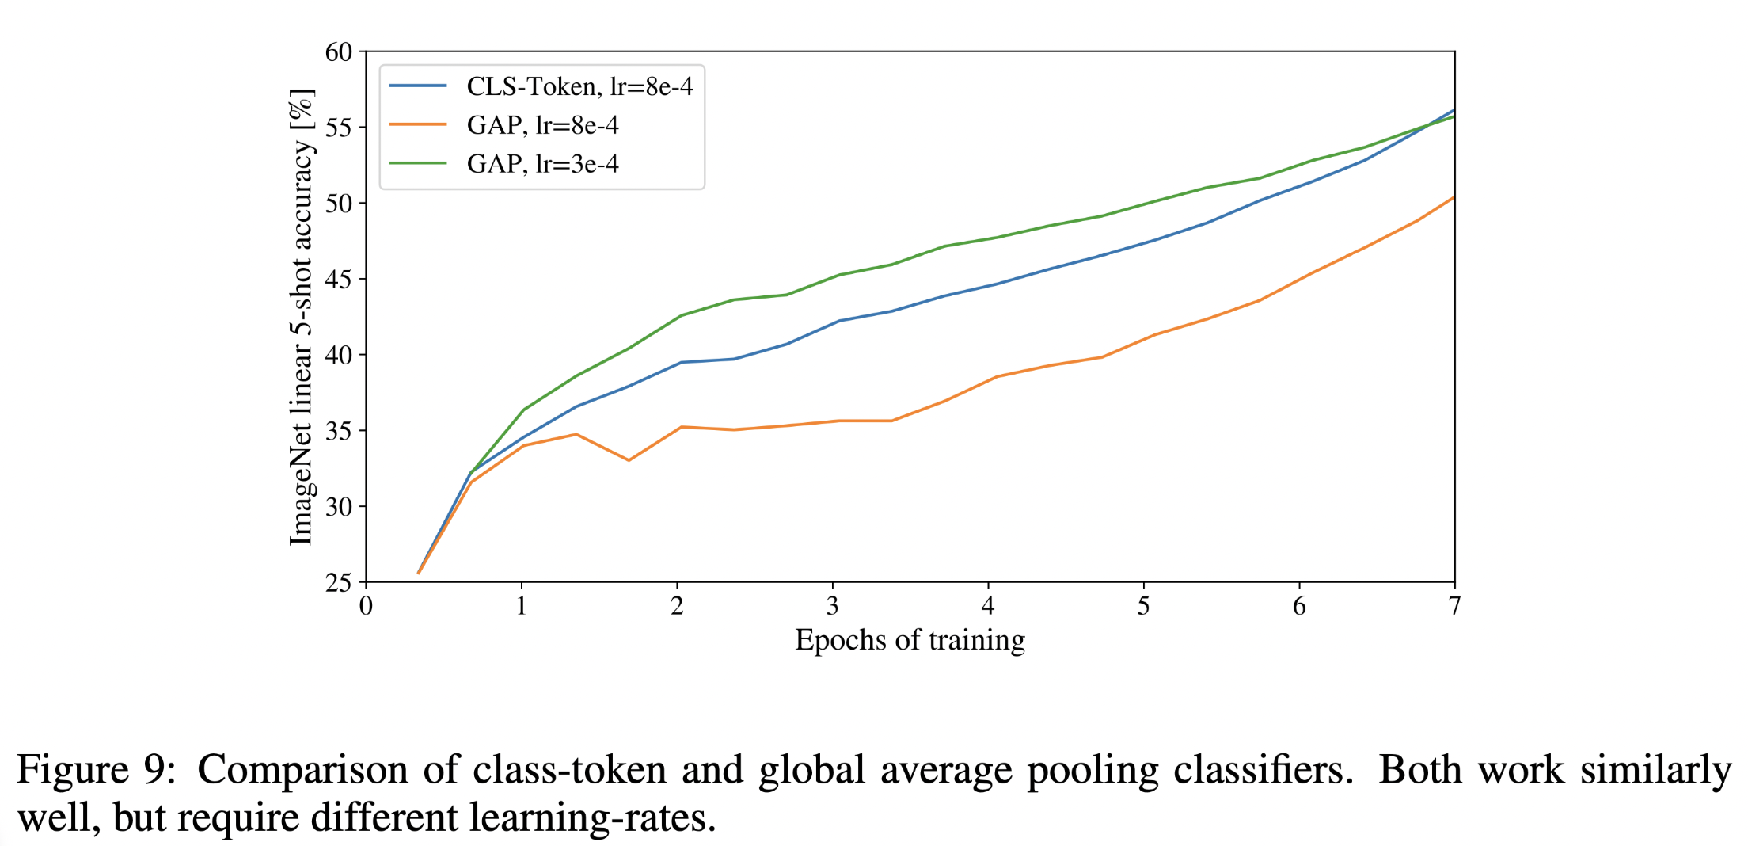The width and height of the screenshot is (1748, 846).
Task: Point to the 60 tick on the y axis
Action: [339, 52]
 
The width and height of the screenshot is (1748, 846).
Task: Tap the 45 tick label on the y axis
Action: [339, 280]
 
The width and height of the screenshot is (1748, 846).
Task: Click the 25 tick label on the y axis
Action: [339, 583]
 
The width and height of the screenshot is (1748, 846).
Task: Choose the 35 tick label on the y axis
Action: [339, 431]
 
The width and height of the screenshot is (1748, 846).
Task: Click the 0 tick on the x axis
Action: [366, 607]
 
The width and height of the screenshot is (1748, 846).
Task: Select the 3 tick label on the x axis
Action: [832, 607]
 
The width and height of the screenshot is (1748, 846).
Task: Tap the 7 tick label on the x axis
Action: [1454, 607]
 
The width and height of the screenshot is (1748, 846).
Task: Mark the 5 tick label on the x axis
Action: [1143, 607]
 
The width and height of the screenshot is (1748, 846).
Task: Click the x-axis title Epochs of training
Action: [910, 640]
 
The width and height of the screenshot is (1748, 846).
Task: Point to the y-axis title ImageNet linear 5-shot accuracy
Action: [302, 317]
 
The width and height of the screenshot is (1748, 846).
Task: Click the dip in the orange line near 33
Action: [629, 460]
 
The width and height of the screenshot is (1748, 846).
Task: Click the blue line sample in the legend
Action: [418, 86]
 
